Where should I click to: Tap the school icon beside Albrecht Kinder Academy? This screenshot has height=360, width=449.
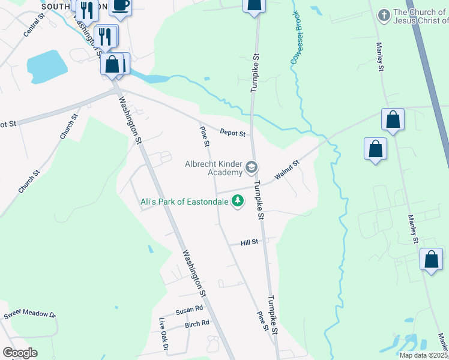click(x=252, y=167)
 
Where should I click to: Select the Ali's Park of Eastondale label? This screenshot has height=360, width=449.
click(x=184, y=202)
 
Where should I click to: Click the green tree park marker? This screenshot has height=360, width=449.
click(x=238, y=200)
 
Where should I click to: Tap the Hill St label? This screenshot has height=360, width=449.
click(x=249, y=242)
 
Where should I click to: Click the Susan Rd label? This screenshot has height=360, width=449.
click(x=190, y=311)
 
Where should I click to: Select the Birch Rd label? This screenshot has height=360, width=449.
click(x=197, y=323)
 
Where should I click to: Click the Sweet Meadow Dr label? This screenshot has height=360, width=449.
click(x=29, y=314)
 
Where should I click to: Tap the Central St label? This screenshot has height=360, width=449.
click(x=34, y=26)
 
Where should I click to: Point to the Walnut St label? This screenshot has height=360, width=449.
click(x=287, y=170)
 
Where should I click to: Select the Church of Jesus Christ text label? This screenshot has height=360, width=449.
click(x=420, y=16)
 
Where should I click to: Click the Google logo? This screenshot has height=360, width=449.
click(x=20, y=353)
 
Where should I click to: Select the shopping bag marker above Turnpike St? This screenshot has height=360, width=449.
click(x=254, y=5)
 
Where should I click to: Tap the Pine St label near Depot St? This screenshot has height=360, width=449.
click(x=205, y=136)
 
